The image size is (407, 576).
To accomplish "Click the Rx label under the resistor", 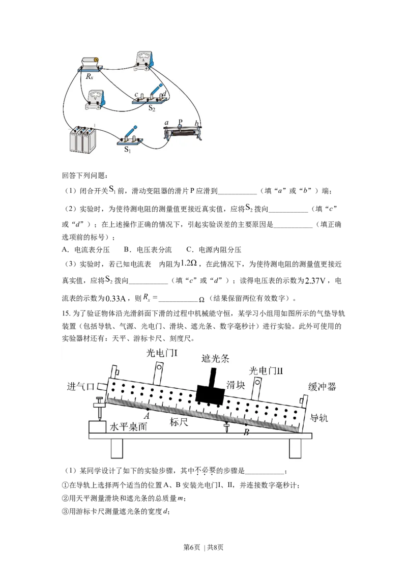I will pyautogui.click(x=89, y=76).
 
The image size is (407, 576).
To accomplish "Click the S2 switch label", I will pyautogui.click(x=152, y=108).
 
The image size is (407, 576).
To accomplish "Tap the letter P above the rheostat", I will pyautogui.click(x=180, y=122).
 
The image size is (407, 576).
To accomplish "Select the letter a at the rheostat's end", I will pyautogui.click(x=166, y=123).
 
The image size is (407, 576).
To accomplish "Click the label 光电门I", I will pyautogui.click(x=162, y=353).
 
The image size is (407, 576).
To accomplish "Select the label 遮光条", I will pyautogui.click(x=215, y=358).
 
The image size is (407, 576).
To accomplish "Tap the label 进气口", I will pyautogui.click(x=81, y=386).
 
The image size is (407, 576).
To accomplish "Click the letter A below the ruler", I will pyautogui.click(x=146, y=416).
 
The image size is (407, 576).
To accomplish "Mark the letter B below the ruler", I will pyautogui.click(x=246, y=432).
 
